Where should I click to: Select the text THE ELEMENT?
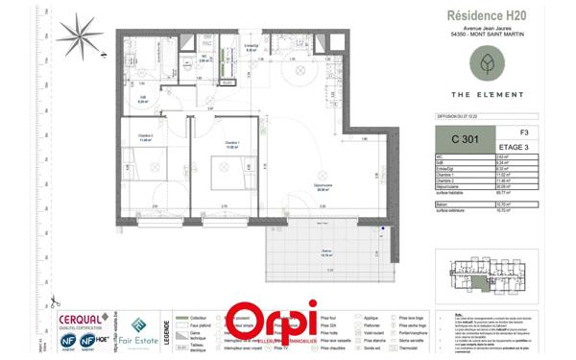(488, 94)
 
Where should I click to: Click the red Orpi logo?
(273, 325)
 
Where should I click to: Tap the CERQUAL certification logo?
(84, 319)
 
